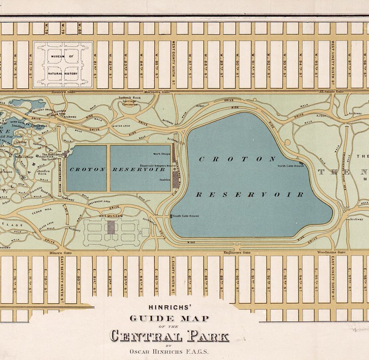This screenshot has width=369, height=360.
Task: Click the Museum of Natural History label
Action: point(63,65)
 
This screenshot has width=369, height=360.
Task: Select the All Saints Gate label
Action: point(331,91)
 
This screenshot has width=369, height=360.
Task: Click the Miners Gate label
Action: point(61,253)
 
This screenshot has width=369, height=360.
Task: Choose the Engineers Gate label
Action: point(237,253)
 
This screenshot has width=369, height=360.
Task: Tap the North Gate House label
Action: point(290,166)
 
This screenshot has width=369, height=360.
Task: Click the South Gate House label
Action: point(186,216)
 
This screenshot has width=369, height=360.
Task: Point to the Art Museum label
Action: point(111,216)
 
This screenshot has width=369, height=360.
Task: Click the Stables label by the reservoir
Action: point(165,180)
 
